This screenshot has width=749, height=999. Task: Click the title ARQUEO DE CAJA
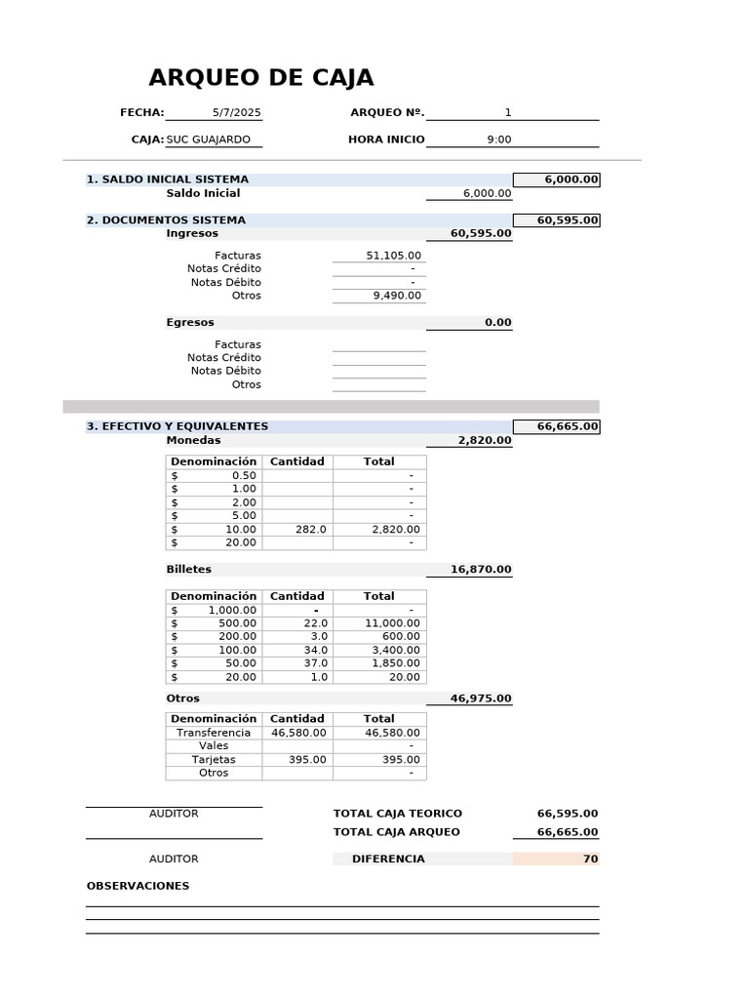(x=260, y=78)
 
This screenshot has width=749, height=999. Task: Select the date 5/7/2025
(x=236, y=112)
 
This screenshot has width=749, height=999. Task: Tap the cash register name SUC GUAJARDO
(x=208, y=140)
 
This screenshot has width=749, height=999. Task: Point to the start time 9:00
(x=498, y=140)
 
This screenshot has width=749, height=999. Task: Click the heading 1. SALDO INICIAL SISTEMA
(x=167, y=180)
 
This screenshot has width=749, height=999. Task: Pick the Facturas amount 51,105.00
(x=393, y=256)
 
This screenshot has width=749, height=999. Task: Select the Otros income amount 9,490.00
(x=397, y=296)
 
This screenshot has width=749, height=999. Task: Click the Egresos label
(x=190, y=322)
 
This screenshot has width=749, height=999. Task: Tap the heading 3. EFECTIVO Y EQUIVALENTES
(x=177, y=426)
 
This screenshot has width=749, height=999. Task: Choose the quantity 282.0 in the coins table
(x=310, y=529)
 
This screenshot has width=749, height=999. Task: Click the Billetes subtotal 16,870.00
(x=480, y=569)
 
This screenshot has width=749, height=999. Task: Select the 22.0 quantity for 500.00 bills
(x=315, y=622)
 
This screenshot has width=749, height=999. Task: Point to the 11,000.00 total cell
(x=392, y=622)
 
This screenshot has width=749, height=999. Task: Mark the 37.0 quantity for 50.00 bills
(x=315, y=662)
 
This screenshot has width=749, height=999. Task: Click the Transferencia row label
(x=214, y=733)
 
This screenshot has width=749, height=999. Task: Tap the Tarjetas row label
(x=214, y=759)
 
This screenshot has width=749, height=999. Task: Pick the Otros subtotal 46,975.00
(x=480, y=699)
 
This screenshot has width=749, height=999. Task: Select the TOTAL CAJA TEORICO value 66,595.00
(x=567, y=814)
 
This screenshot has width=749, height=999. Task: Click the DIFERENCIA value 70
(x=590, y=859)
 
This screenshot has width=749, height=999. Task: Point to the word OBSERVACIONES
(x=138, y=886)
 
